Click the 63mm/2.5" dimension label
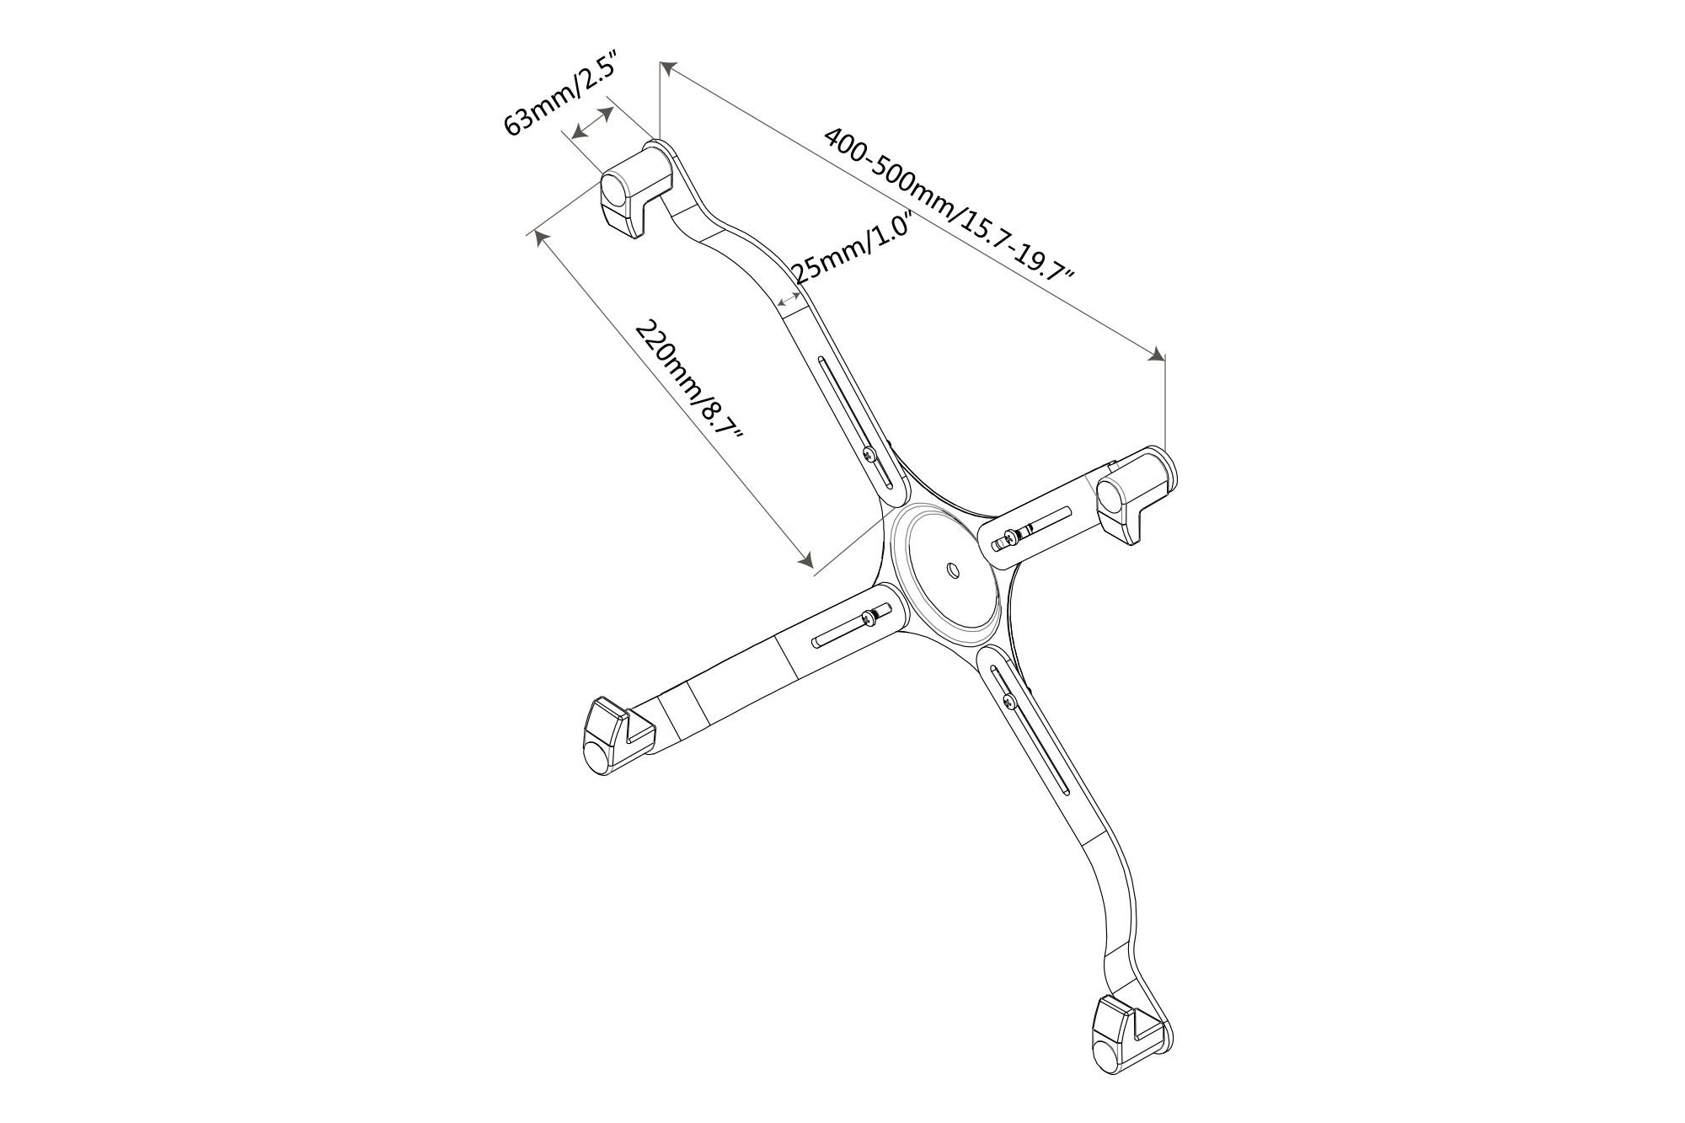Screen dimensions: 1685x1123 click(561, 94)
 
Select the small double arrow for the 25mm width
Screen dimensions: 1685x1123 click(788, 299)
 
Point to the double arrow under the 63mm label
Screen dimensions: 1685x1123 click(592, 123)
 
